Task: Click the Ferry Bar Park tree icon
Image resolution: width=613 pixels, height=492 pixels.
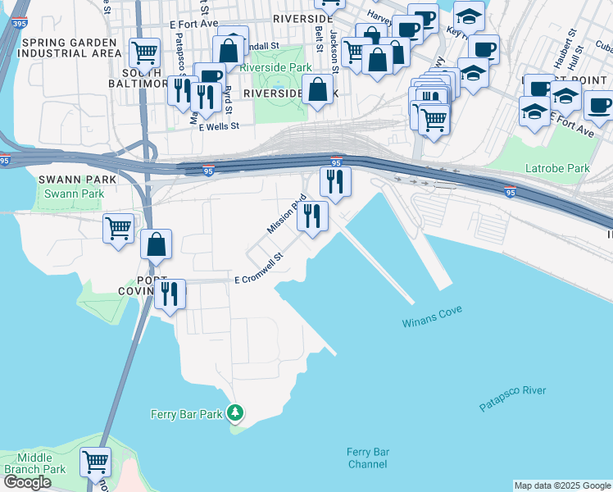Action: point(235,413)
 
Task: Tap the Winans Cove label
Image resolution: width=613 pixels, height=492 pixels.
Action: point(433,317)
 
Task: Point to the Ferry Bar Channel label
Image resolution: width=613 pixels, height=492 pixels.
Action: point(367,458)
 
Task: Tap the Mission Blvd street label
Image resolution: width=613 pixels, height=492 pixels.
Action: point(286,214)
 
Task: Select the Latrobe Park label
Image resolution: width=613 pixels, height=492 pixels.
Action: point(556,169)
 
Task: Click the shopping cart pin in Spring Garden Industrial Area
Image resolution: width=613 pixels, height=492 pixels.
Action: point(145,52)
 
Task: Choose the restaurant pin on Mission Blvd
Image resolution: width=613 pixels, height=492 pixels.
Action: point(312,216)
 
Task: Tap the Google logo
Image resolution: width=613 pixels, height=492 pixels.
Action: point(27,482)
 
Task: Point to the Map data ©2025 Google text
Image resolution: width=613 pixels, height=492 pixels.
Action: point(561,485)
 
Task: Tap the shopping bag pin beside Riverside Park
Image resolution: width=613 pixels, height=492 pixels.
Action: point(317,90)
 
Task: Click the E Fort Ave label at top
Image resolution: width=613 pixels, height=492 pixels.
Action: point(197,25)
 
